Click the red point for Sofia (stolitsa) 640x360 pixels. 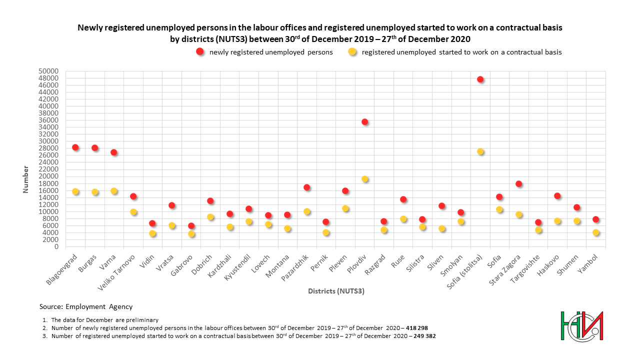(480, 79)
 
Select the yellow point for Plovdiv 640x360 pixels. (365, 179)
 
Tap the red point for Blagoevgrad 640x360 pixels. (75, 147)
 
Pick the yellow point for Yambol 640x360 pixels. (596, 232)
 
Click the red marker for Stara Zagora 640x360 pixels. (519, 183)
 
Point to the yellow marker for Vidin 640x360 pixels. (152, 233)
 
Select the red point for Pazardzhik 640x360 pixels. (307, 187)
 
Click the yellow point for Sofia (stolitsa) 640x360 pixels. (480, 151)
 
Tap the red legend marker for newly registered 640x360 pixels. (200, 51)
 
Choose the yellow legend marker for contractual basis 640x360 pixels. (352, 51)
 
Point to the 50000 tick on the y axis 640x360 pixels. (48, 71)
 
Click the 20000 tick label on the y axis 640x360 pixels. (48, 176)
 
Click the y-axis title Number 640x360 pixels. (25, 179)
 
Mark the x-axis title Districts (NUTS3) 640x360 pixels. (336, 291)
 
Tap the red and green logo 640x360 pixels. (581, 326)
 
